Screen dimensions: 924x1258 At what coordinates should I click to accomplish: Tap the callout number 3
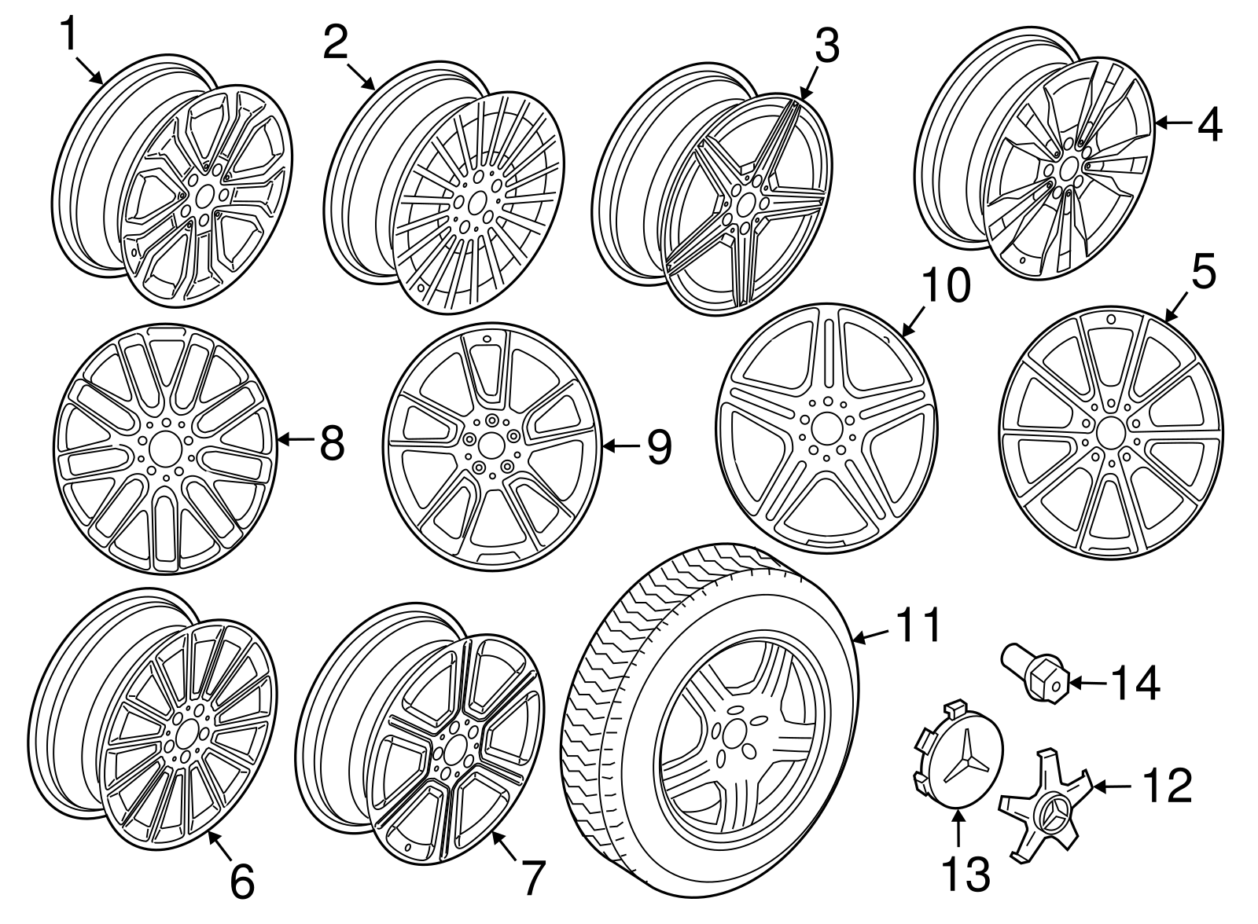click(826, 46)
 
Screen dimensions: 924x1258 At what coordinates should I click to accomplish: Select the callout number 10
click(946, 287)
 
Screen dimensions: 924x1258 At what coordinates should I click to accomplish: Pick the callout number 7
click(532, 878)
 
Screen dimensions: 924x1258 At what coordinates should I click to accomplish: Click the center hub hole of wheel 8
click(165, 448)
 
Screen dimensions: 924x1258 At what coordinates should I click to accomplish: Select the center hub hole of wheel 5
click(1110, 433)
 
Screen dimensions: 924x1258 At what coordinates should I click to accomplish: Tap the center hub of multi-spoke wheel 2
click(476, 202)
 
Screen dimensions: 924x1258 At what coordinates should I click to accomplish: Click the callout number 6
click(241, 881)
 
